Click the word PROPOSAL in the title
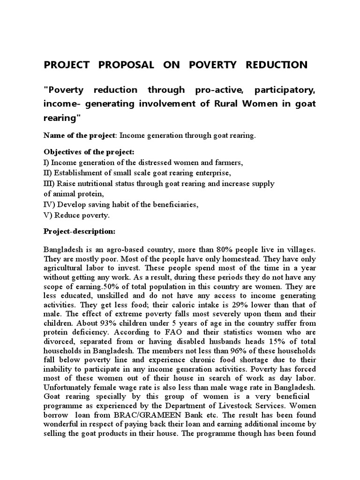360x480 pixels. click(126, 65)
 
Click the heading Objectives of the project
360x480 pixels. click(89, 153)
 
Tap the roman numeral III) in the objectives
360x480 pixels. click(49, 184)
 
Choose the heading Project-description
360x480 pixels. click(79, 232)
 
